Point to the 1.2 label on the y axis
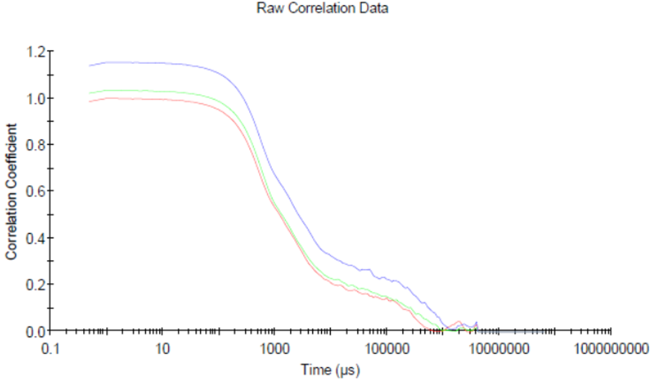[x=35, y=52]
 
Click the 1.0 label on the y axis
[x=35, y=98]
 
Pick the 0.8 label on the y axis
[x=35, y=144]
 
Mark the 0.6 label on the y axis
[x=35, y=191]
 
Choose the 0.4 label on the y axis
[x=35, y=237]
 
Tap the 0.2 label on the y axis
[x=35, y=284]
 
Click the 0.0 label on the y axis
[x=35, y=331]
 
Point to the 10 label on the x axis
[x=163, y=349]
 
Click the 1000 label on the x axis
[x=275, y=349]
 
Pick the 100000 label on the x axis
[x=386, y=349]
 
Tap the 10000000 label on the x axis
[x=498, y=349]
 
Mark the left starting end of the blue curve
[x=89, y=66]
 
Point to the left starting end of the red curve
[x=89, y=101]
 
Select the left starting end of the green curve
[x=89, y=93]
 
